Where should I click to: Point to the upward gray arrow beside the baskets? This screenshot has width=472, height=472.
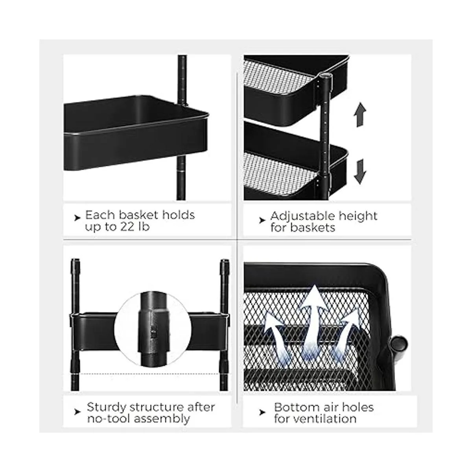[360, 114]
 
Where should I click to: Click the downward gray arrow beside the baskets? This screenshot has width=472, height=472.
[360, 172]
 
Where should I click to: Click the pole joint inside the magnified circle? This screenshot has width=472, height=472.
[153, 331]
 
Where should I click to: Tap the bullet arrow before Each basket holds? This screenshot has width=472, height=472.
[77, 218]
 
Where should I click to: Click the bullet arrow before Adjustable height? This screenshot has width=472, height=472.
[262, 220]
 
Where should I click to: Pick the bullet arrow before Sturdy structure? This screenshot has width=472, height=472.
[77, 412]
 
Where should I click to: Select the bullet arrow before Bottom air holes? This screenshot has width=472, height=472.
[262, 413]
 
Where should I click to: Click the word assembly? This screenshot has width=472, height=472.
[162, 419]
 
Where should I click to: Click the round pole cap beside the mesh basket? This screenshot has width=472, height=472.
[399, 343]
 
